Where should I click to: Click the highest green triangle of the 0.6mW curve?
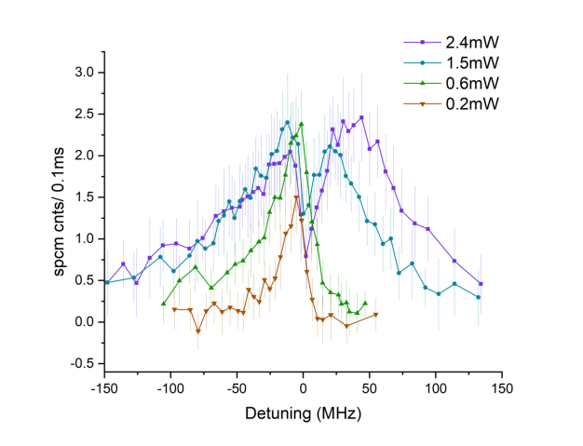[302, 124]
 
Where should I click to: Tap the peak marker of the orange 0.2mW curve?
[296, 197]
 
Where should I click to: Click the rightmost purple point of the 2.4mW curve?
[481, 284]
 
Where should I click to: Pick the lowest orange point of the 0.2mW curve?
[198, 331]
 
